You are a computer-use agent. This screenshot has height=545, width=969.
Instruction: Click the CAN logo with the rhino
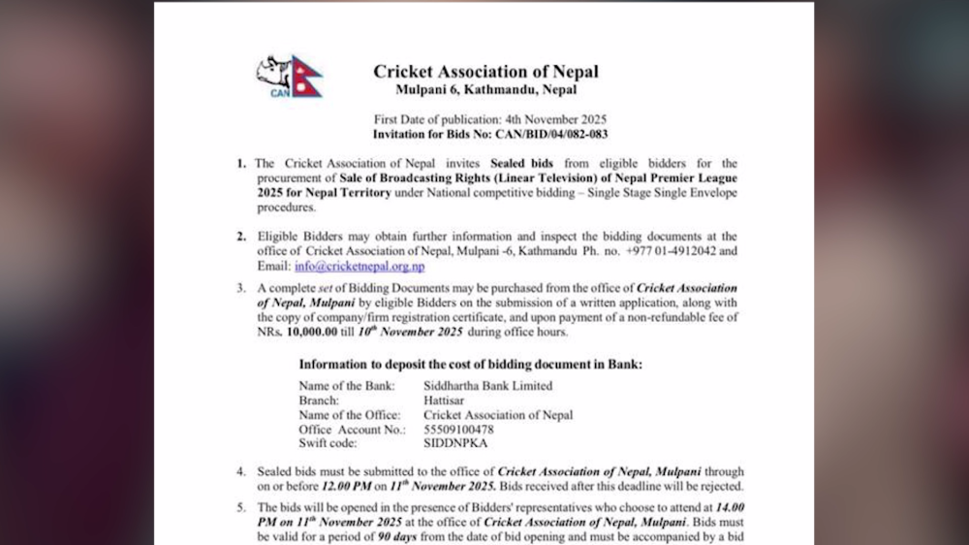290,77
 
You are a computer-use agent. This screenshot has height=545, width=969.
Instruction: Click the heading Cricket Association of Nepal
485,72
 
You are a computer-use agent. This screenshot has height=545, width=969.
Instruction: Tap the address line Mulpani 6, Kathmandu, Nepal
485,90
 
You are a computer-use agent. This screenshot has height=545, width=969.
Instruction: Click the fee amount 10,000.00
319,332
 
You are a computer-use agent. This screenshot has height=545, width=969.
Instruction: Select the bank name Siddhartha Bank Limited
487,386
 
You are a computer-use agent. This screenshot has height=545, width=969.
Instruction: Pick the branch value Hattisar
447,401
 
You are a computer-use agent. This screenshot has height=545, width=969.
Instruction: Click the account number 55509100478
458,430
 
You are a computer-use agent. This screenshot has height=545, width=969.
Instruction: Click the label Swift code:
329,443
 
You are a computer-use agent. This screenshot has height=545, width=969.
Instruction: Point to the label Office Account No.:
352,430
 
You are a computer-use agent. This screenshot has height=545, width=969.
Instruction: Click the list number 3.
241,289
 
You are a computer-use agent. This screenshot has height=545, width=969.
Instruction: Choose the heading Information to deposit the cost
470,365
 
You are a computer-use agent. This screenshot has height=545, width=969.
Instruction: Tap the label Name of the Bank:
346,386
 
